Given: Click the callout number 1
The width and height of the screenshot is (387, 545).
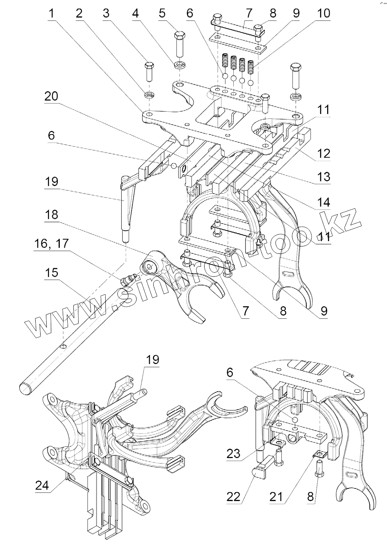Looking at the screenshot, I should coord(51,13).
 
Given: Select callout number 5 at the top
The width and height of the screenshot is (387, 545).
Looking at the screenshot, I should coord(162,13).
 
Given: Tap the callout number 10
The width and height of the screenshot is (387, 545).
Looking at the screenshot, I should coord(323,13).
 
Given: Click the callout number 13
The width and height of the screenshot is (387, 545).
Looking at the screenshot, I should coord(323,177).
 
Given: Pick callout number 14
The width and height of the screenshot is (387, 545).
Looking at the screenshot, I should coord(323,202).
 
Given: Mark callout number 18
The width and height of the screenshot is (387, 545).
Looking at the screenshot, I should coord(52,214).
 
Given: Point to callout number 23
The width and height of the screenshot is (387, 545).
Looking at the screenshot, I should coord(234,454).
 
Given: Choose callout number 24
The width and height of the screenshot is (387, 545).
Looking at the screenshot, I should coord(42,486).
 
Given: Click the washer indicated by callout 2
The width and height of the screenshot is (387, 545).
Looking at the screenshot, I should coord(149,95).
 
